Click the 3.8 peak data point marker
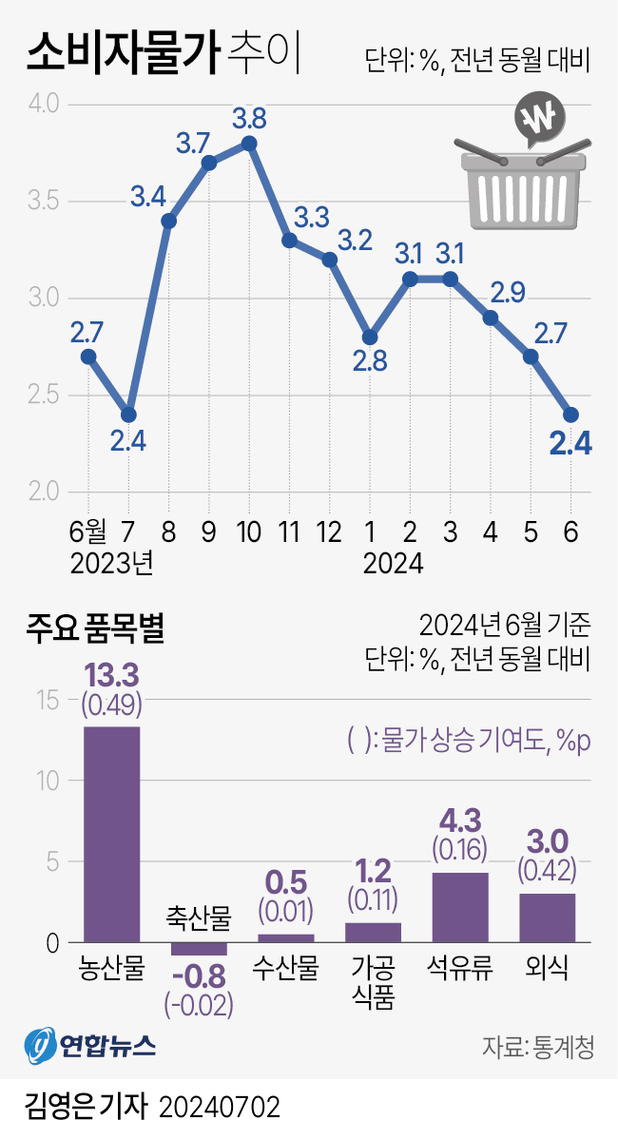tap(249, 144)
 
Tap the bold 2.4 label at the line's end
tap(572, 443)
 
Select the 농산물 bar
tap(112, 834)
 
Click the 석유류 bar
tap(460, 907)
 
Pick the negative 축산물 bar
tap(199, 949)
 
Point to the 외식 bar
tap(547, 917)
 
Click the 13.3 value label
tap(112, 676)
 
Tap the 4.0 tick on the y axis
tap(44, 103)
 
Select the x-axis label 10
tap(249, 531)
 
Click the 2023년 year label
tap(112, 564)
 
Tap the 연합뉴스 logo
tap(89, 1047)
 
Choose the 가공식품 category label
tap(373, 984)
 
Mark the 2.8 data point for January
tap(370, 338)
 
